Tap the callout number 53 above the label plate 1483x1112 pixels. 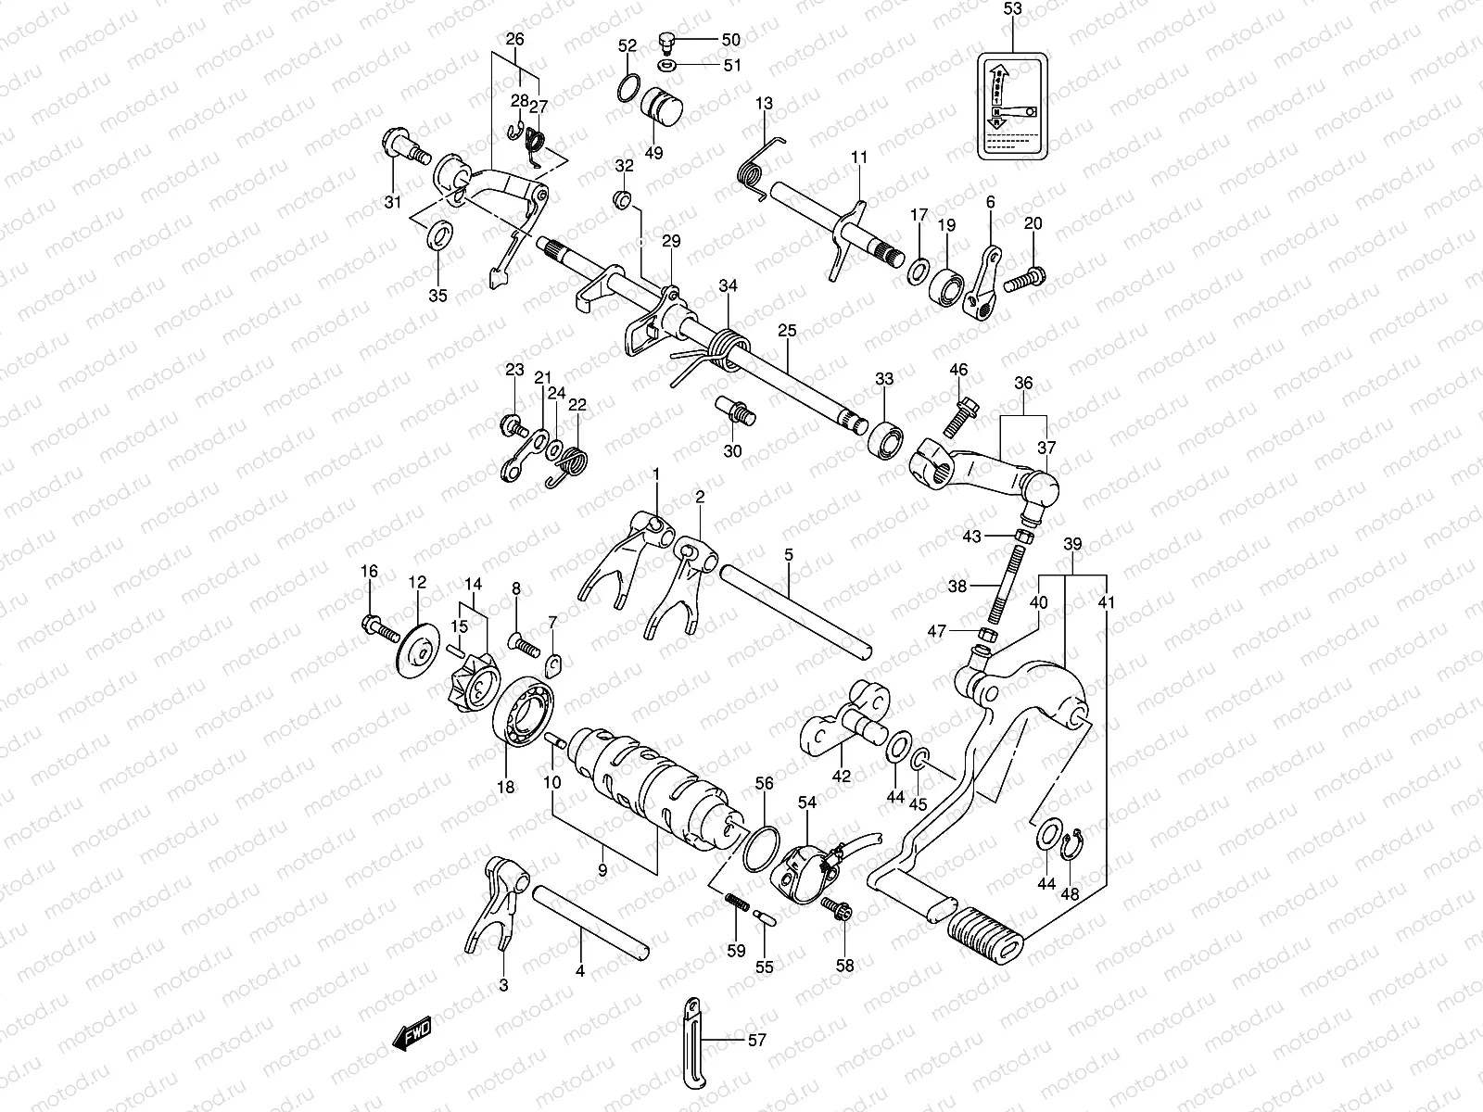[x=1012, y=10]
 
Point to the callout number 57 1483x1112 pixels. [x=757, y=1041]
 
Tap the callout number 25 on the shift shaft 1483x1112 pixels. [x=787, y=330]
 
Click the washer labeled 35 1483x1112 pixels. [x=438, y=236]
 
